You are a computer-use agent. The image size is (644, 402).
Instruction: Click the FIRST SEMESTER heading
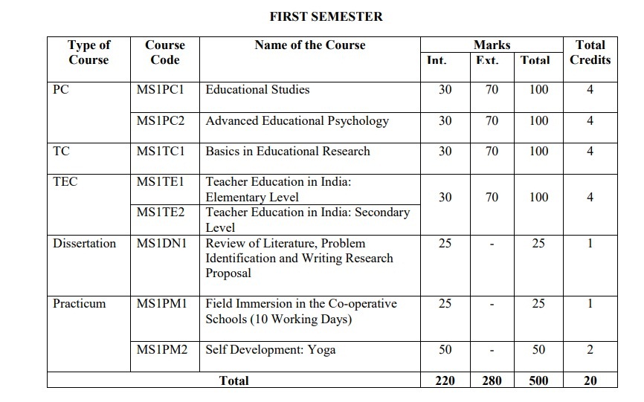pos(326,16)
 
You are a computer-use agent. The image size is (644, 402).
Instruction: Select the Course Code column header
pos(164,52)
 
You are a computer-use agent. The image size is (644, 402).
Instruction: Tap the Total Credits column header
pos(590,52)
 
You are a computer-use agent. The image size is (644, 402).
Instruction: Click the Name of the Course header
pos(309,45)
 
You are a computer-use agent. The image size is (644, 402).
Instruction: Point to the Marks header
pos(492,45)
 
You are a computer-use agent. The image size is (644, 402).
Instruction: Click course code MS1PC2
pos(161,120)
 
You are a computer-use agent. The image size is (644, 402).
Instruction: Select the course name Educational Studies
pos(257,89)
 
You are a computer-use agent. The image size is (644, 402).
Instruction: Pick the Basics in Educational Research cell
pos(287,151)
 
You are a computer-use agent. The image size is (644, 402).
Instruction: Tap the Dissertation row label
pos(84,243)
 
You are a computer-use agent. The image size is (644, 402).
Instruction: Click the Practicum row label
pos(79,303)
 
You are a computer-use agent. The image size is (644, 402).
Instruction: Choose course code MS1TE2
pos(161,212)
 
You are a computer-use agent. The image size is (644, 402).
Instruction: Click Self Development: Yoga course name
pos(270,349)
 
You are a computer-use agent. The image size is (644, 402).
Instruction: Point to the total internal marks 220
pos(445,380)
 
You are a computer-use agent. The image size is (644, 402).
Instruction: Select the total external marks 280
pos(492,380)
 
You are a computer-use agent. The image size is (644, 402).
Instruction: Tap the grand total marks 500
pos(538,380)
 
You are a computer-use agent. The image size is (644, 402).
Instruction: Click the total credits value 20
pos(590,380)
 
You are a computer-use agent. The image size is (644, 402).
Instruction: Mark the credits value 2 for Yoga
pos(590,349)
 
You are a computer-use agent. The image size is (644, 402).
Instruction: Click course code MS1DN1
pos(161,243)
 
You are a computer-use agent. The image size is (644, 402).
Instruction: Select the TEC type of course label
pos(65,181)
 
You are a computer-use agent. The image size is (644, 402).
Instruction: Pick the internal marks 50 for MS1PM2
pos(445,349)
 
